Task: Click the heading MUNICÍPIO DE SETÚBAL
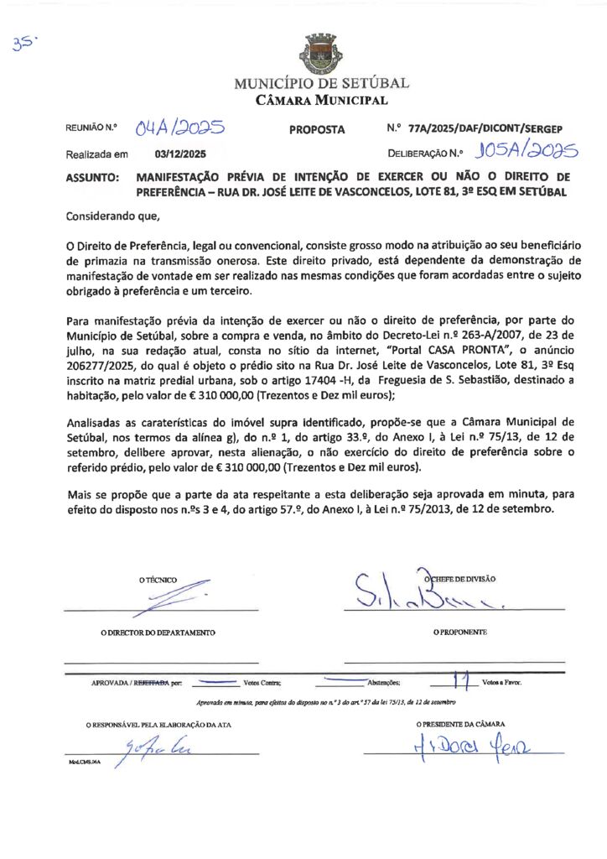(x=321, y=84)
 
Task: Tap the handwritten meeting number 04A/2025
(x=181, y=128)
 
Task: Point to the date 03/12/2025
(x=179, y=154)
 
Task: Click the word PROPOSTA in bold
(x=317, y=130)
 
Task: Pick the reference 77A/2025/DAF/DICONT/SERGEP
(x=485, y=130)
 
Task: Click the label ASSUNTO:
(x=92, y=178)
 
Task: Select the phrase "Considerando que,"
(x=112, y=216)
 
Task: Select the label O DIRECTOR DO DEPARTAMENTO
(x=158, y=632)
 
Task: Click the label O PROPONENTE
(x=460, y=632)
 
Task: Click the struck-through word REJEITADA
(x=152, y=683)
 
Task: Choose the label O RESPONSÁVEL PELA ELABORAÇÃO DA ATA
(x=158, y=724)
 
